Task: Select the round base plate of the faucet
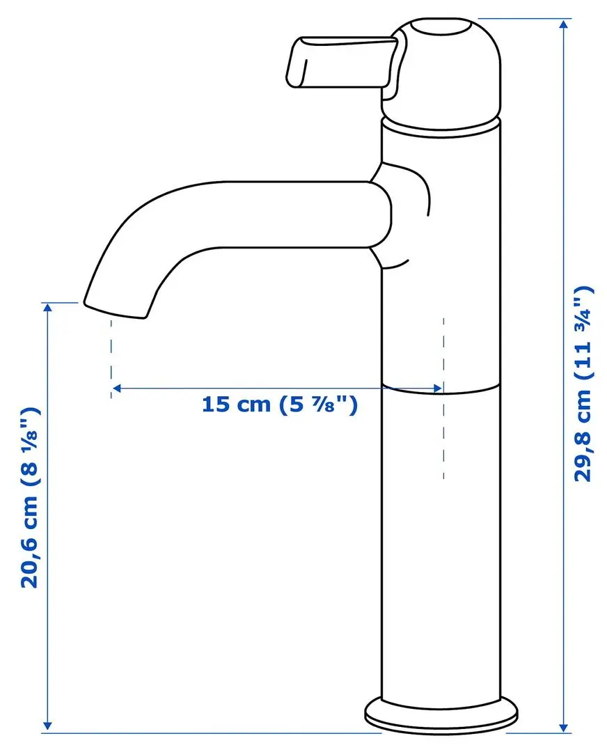442,711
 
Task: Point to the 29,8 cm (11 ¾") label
583,383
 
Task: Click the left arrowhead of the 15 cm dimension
118,388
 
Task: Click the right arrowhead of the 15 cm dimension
437,388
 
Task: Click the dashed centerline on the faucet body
443,432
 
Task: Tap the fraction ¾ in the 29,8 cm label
583,318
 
